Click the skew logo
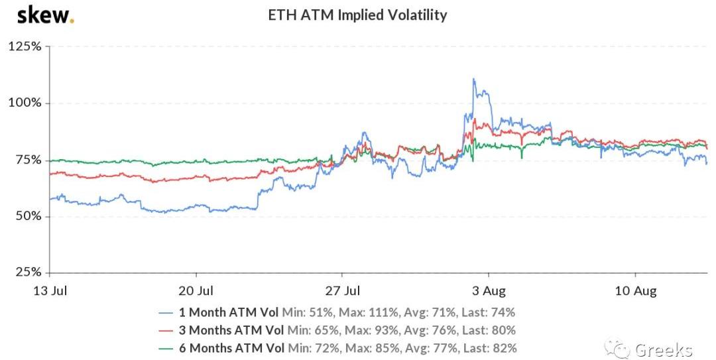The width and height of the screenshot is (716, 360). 45,15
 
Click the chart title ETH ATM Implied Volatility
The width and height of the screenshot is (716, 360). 357,15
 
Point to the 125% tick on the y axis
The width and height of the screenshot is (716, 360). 25,47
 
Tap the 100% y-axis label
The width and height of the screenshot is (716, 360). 25,103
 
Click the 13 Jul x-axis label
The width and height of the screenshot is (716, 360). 50,290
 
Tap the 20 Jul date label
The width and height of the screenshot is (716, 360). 196,290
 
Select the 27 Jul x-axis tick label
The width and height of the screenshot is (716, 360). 343,290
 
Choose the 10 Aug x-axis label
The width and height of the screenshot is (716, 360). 635,290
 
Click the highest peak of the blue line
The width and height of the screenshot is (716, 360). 473,79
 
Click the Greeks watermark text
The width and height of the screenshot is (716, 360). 663,349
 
